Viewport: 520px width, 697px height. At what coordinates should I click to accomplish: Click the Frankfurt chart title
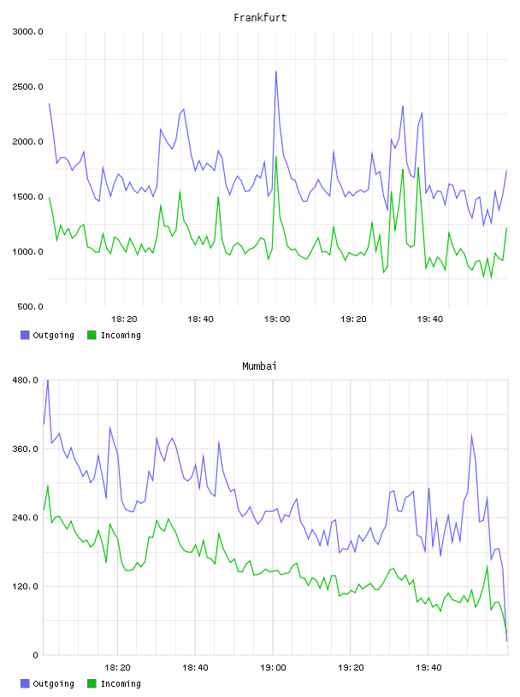pyautogui.click(x=260, y=18)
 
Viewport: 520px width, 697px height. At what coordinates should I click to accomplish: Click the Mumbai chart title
pyautogui.click(x=259, y=366)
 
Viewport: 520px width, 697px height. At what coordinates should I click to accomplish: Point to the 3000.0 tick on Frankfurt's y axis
pyautogui.click(x=27, y=32)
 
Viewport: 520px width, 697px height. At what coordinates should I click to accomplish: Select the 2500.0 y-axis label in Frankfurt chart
pyautogui.click(x=27, y=86)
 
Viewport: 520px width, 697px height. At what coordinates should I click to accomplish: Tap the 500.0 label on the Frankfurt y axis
pyautogui.click(x=30, y=307)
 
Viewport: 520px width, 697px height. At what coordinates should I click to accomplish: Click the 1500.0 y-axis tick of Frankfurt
pyautogui.click(x=27, y=197)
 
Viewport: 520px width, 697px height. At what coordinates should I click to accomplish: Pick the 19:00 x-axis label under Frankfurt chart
pyautogui.click(x=277, y=319)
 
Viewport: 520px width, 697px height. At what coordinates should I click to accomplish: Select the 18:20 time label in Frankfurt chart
pyautogui.click(x=124, y=319)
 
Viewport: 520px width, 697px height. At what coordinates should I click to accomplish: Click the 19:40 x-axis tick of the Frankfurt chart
pyautogui.click(x=430, y=319)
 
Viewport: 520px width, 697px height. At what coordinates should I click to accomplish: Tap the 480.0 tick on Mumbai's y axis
pyautogui.click(x=26, y=380)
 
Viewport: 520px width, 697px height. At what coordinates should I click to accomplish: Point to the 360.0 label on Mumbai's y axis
pyautogui.click(x=26, y=449)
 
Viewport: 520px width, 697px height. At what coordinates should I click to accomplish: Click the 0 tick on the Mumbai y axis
pyautogui.click(x=36, y=655)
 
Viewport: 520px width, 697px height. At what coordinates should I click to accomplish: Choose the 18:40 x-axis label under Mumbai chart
pyautogui.click(x=196, y=668)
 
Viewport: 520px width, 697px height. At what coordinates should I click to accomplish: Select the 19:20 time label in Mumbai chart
pyautogui.click(x=351, y=668)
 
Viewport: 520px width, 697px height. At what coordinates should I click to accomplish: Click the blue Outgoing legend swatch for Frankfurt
pyautogui.click(x=25, y=335)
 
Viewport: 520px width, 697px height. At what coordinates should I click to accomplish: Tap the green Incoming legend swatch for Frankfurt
pyautogui.click(x=92, y=335)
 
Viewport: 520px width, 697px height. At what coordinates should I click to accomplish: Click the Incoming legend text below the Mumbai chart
pyautogui.click(x=121, y=684)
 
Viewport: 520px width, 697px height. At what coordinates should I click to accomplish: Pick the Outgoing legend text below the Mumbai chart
pyautogui.click(x=53, y=684)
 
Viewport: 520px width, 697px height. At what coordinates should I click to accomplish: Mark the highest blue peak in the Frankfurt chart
pyautogui.click(x=276, y=72)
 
